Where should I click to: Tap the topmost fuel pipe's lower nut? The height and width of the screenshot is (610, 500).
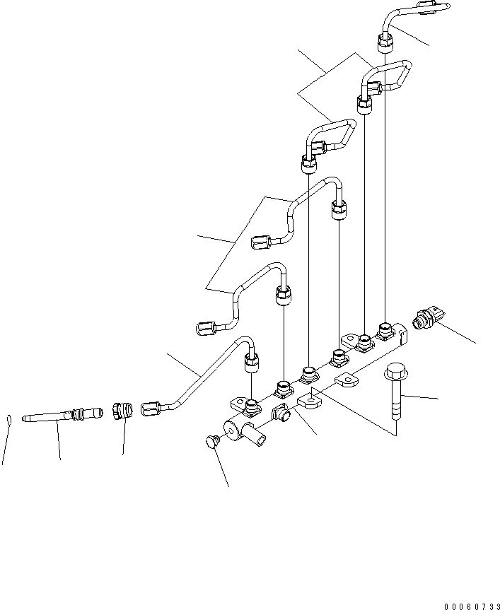385,44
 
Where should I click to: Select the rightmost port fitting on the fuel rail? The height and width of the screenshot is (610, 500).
385,329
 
